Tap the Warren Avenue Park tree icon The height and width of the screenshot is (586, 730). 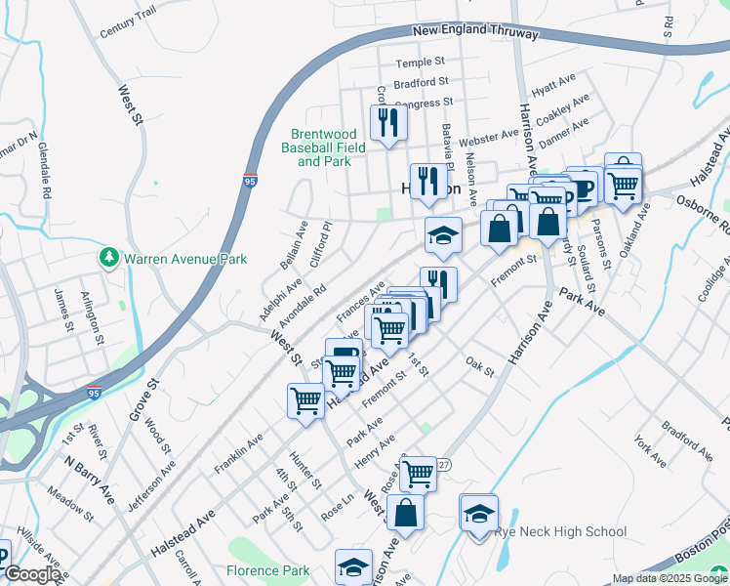108,259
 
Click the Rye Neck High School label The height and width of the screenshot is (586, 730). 560,532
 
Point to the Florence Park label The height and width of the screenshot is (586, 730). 267,571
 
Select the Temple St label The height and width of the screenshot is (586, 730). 419,63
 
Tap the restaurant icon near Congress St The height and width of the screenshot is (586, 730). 388,123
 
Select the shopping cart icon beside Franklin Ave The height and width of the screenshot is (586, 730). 305,400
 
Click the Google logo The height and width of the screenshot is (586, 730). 32,575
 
